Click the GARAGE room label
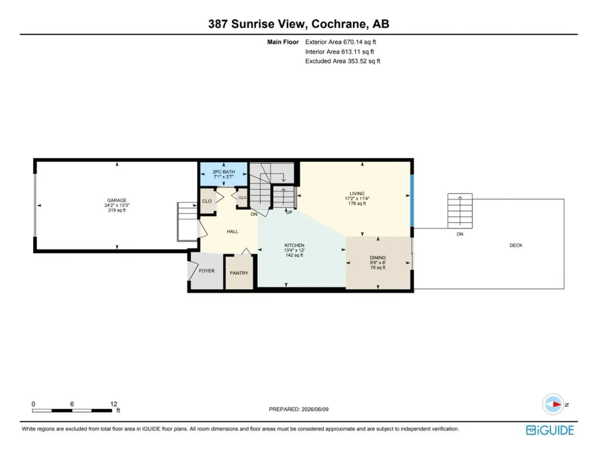(x=116, y=200)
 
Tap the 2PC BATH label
(x=223, y=172)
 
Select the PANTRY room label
(x=239, y=273)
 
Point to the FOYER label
(x=207, y=271)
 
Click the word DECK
(x=516, y=245)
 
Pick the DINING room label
(x=378, y=257)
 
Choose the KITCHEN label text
(x=294, y=245)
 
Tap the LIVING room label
(x=357, y=193)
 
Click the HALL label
(x=232, y=231)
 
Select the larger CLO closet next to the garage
(x=207, y=201)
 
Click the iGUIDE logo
(x=550, y=430)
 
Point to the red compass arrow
(x=556, y=405)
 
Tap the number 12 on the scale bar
(x=113, y=404)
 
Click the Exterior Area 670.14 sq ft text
(x=340, y=42)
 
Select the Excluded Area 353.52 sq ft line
(x=342, y=61)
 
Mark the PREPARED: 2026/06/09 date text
(x=299, y=409)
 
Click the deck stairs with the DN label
(x=460, y=211)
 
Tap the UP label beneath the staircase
(x=289, y=213)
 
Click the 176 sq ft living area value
(x=357, y=203)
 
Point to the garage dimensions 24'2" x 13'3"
(x=116, y=205)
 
